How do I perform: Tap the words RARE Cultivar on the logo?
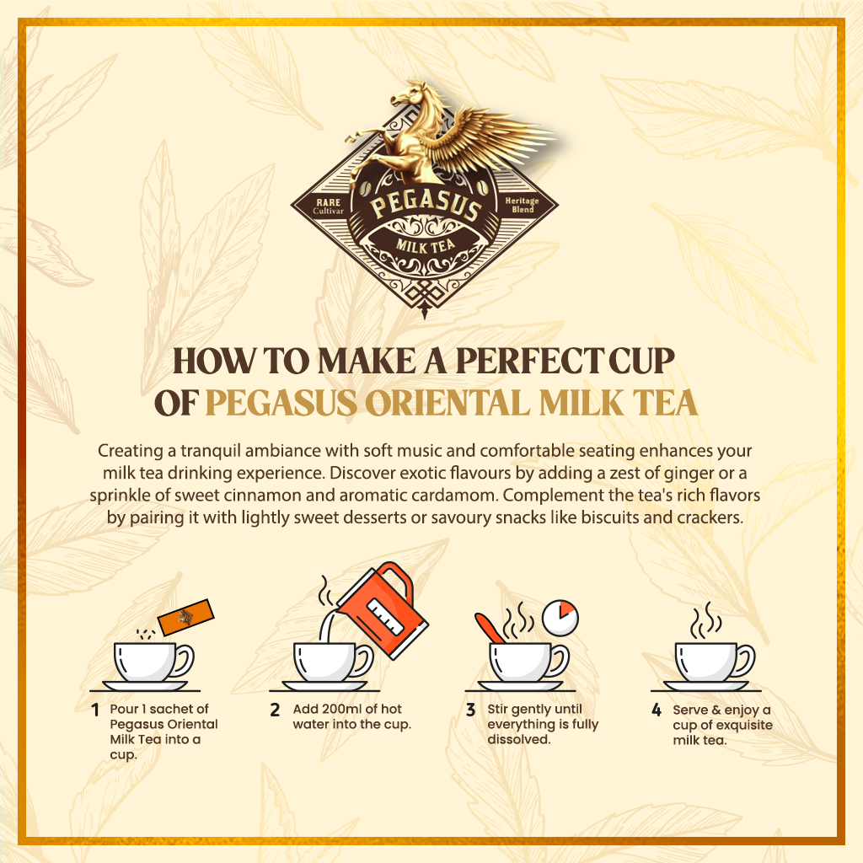328,206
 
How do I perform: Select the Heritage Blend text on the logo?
522,205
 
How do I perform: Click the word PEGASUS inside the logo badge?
425,205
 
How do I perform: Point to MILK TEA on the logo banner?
425,245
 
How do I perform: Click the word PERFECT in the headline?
528,361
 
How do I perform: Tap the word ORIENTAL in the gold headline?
447,403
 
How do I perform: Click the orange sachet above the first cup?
186,617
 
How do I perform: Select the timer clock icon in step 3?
560,618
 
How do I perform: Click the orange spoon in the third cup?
490,628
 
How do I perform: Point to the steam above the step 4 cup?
706,620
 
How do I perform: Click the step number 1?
95,710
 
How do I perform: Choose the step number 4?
656,710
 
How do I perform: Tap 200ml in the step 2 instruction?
342,709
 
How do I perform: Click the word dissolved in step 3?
519,739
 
